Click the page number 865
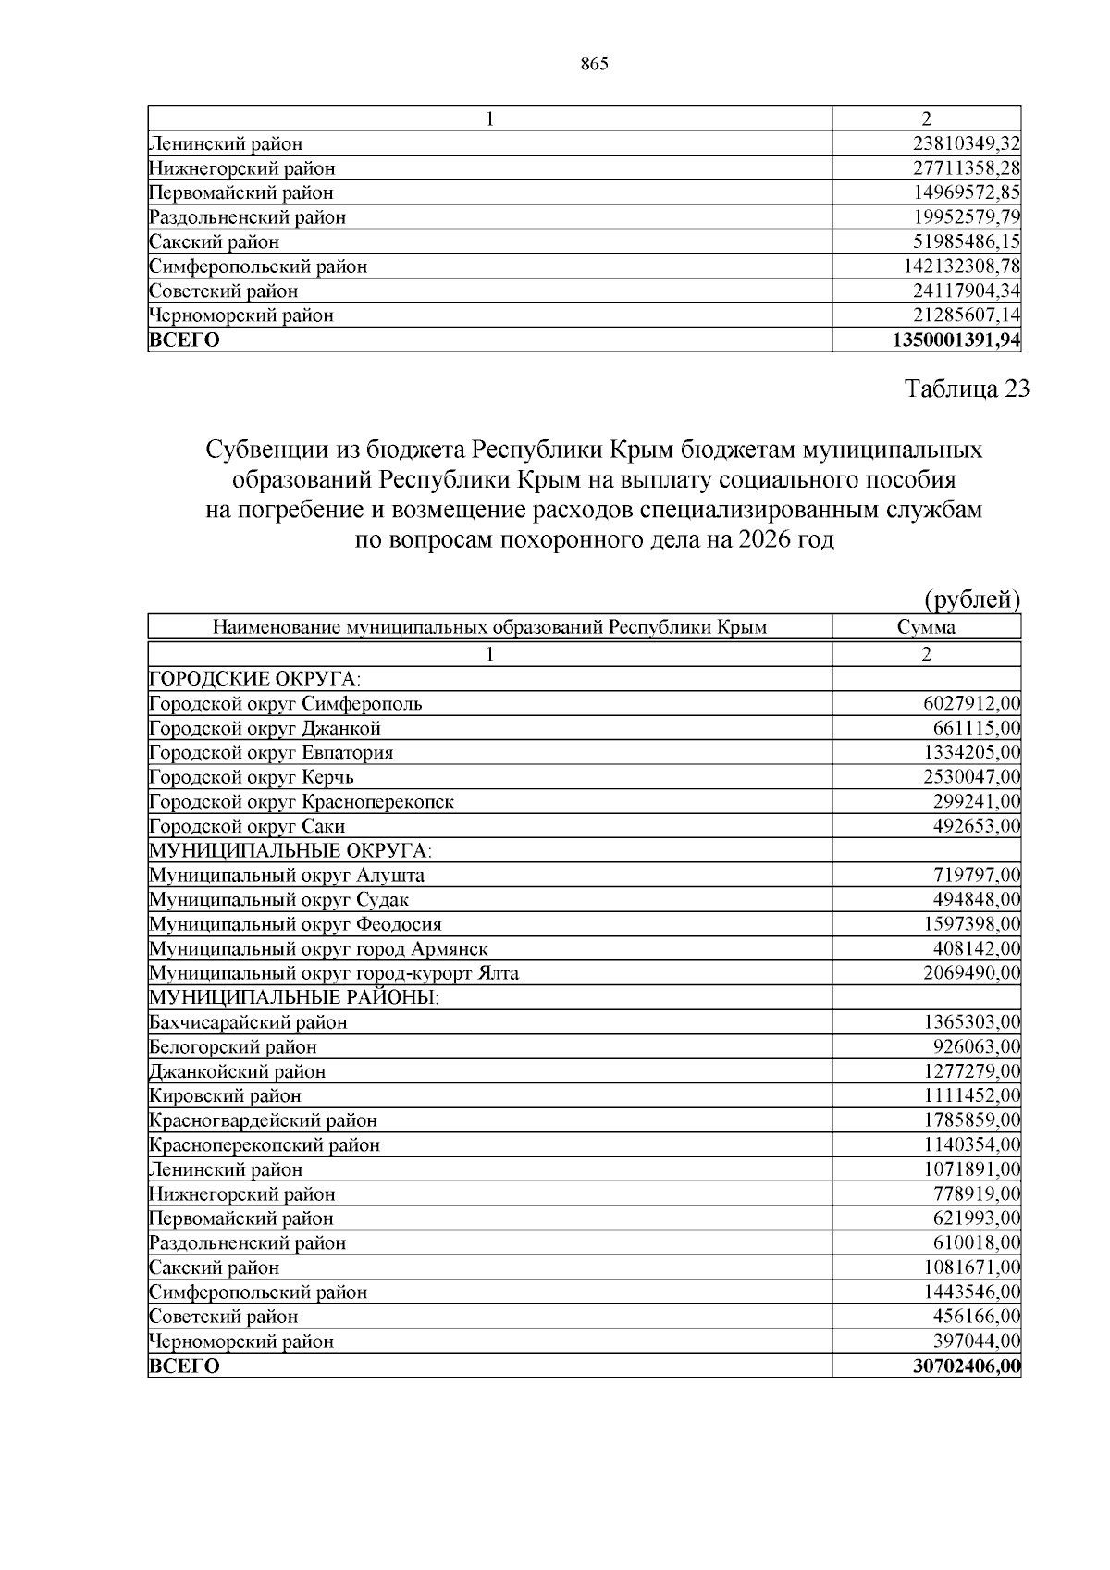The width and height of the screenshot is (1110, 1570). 595,64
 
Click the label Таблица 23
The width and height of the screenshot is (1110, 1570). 967,389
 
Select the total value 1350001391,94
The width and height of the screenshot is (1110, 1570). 956,340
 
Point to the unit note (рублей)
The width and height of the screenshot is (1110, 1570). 972,600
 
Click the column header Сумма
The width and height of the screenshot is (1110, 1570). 926,627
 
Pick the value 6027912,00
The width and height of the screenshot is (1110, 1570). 971,703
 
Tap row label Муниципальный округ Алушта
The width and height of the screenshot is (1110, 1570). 287,875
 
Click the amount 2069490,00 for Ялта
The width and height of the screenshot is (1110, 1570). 971,973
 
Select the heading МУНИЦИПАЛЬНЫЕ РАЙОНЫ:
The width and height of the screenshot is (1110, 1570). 293,997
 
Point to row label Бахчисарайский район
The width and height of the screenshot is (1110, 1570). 248,1022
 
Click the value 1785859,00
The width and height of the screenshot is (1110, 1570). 971,1120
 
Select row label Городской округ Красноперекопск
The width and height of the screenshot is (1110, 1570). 302,801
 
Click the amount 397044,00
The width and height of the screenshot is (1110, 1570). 976,1341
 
